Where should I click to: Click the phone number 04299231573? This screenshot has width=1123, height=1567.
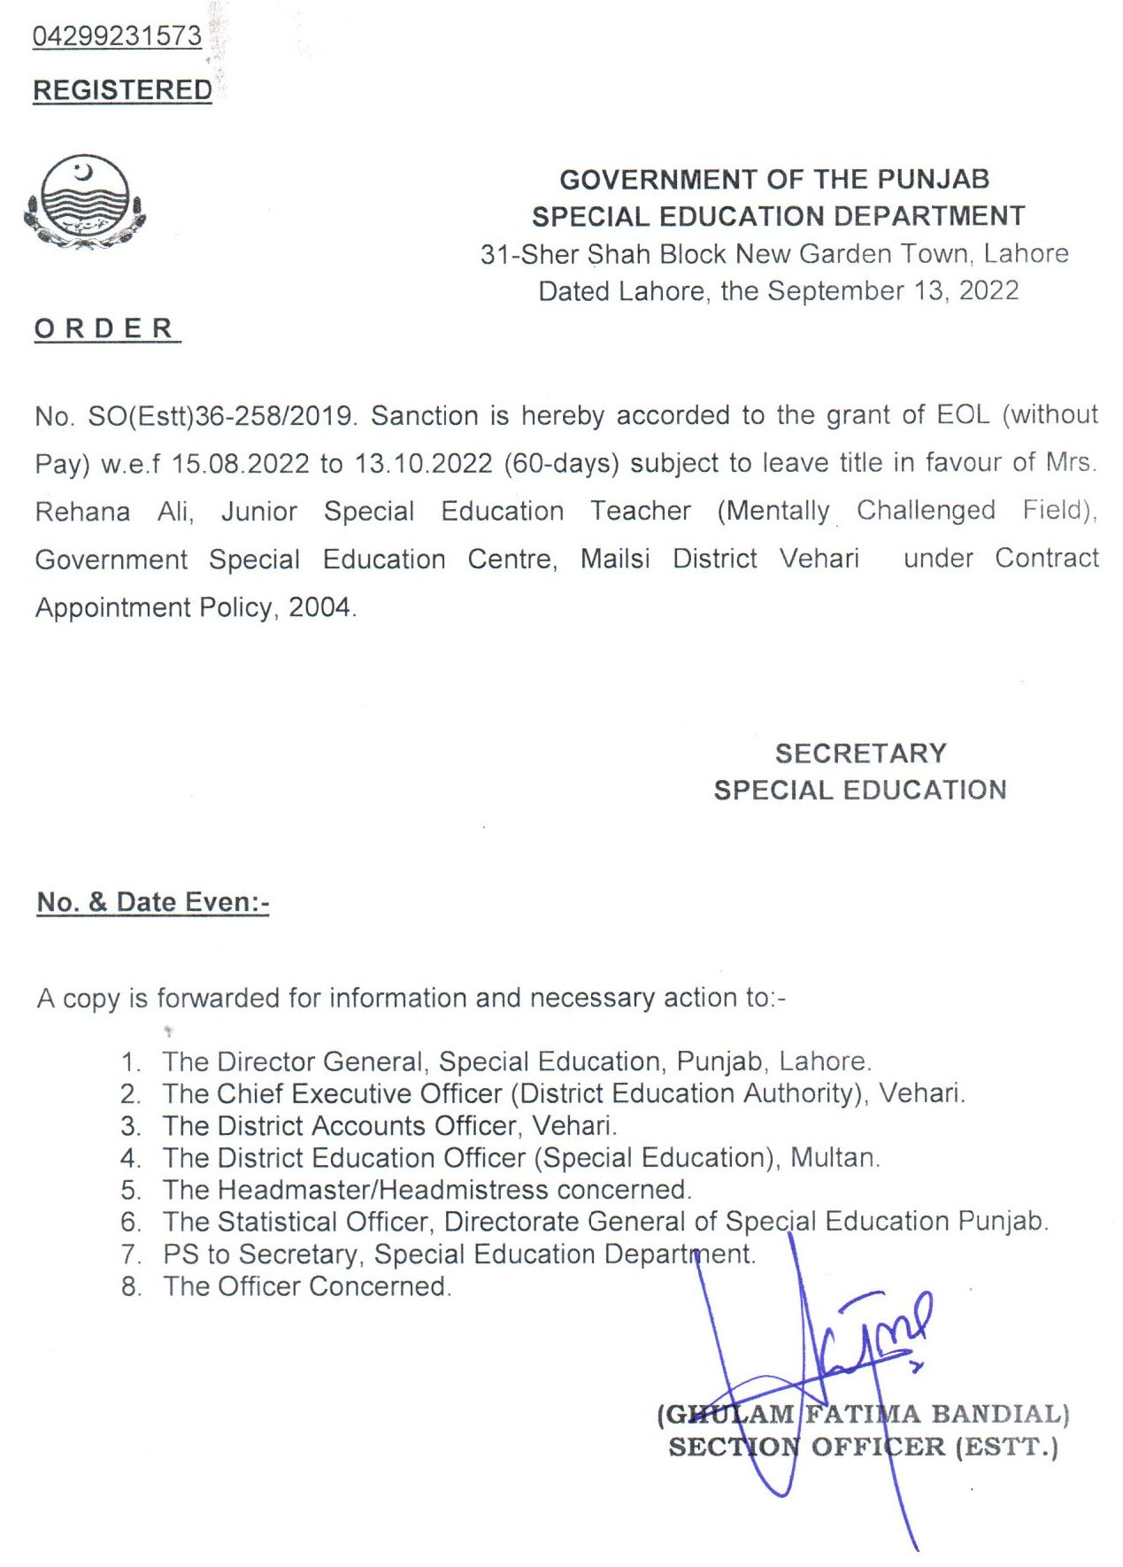click(117, 36)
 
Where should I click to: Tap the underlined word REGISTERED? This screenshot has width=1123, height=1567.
click(122, 90)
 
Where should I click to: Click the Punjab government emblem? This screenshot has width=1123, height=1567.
click(84, 202)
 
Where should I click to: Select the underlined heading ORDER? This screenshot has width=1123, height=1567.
click(105, 328)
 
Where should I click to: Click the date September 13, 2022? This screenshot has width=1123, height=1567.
click(893, 290)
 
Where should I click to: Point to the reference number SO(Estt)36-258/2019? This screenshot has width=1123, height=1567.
click(221, 415)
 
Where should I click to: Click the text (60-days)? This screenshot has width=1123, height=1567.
click(561, 463)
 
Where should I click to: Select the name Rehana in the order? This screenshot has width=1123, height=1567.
click(82, 512)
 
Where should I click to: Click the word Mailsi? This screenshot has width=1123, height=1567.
click(615, 559)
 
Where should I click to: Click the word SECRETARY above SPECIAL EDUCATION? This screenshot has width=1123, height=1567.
click(860, 753)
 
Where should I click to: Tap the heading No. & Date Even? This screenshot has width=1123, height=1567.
click(152, 902)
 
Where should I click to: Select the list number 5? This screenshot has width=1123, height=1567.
click(131, 1190)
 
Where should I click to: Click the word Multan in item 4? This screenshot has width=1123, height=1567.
click(834, 1157)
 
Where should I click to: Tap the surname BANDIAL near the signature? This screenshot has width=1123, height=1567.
click(1000, 1413)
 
